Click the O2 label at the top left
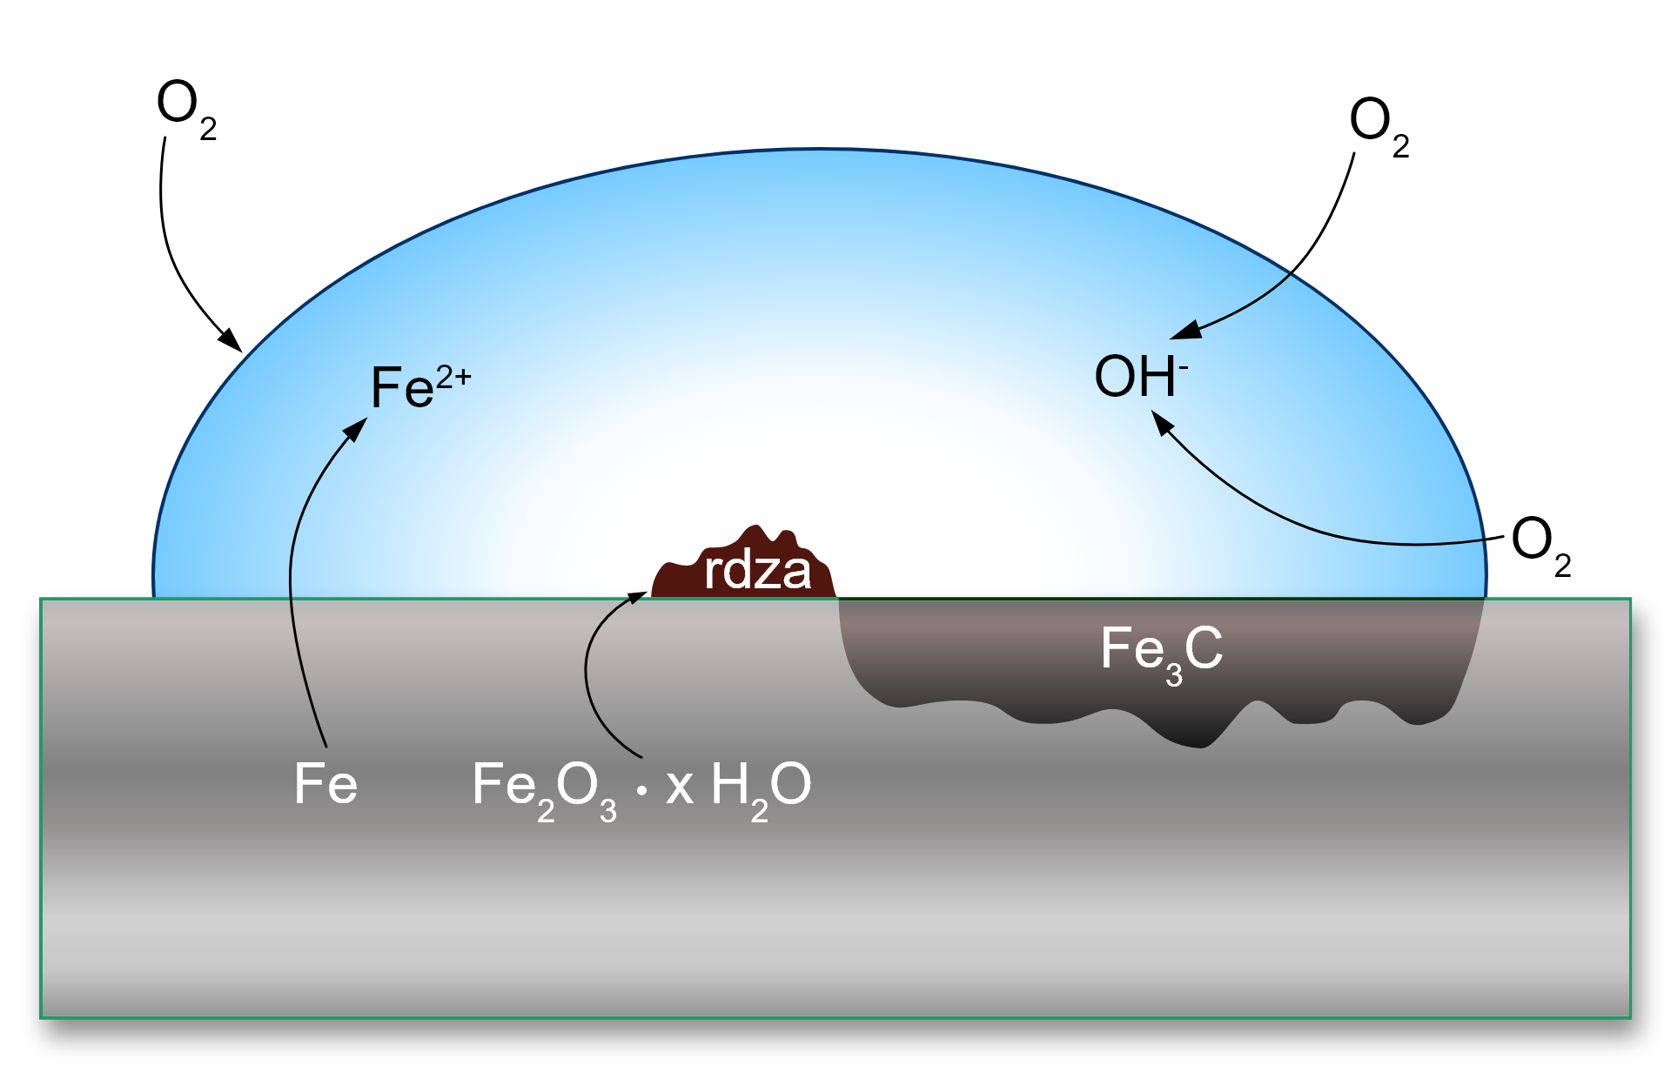pos(185,108)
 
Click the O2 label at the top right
pos(1378,125)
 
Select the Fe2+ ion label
pos(419,385)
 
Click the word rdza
pos(756,571)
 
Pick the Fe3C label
pos(1161,653)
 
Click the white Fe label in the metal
pos(325,783)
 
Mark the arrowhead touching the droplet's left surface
pos(231,339)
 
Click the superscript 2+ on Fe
pos(453,377)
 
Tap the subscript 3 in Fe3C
pos(1174,675)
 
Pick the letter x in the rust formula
pos(679,787)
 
